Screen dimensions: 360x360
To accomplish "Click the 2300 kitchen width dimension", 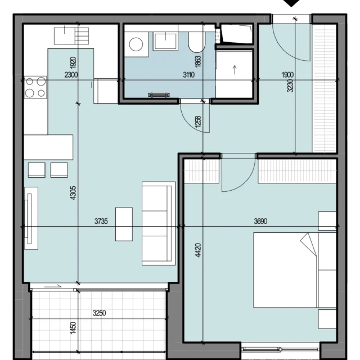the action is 71,75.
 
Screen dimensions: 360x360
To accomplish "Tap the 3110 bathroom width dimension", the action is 189,75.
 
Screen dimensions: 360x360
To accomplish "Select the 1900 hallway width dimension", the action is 287,75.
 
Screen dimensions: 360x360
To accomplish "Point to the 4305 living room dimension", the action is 73,193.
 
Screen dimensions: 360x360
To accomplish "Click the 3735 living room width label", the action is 101,221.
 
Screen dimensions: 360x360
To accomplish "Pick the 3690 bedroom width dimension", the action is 260,221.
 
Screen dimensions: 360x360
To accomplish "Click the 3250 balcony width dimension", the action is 99,313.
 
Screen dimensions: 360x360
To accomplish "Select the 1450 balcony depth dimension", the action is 73,328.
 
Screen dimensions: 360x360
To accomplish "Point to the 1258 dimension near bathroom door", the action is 197,121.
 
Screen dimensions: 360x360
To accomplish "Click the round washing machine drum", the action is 136,44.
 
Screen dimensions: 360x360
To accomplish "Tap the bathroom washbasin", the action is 165,41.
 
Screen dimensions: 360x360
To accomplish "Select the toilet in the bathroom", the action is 197,43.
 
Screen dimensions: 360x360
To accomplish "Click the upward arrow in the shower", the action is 235,70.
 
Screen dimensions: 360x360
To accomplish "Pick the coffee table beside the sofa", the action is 124,224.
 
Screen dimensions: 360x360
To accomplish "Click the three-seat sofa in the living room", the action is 159,224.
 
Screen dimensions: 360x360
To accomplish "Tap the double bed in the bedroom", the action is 295,270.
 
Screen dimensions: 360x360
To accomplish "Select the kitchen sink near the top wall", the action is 71,36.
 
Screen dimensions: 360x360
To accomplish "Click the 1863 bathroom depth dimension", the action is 197,61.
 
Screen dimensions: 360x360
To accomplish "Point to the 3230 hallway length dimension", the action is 290,85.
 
